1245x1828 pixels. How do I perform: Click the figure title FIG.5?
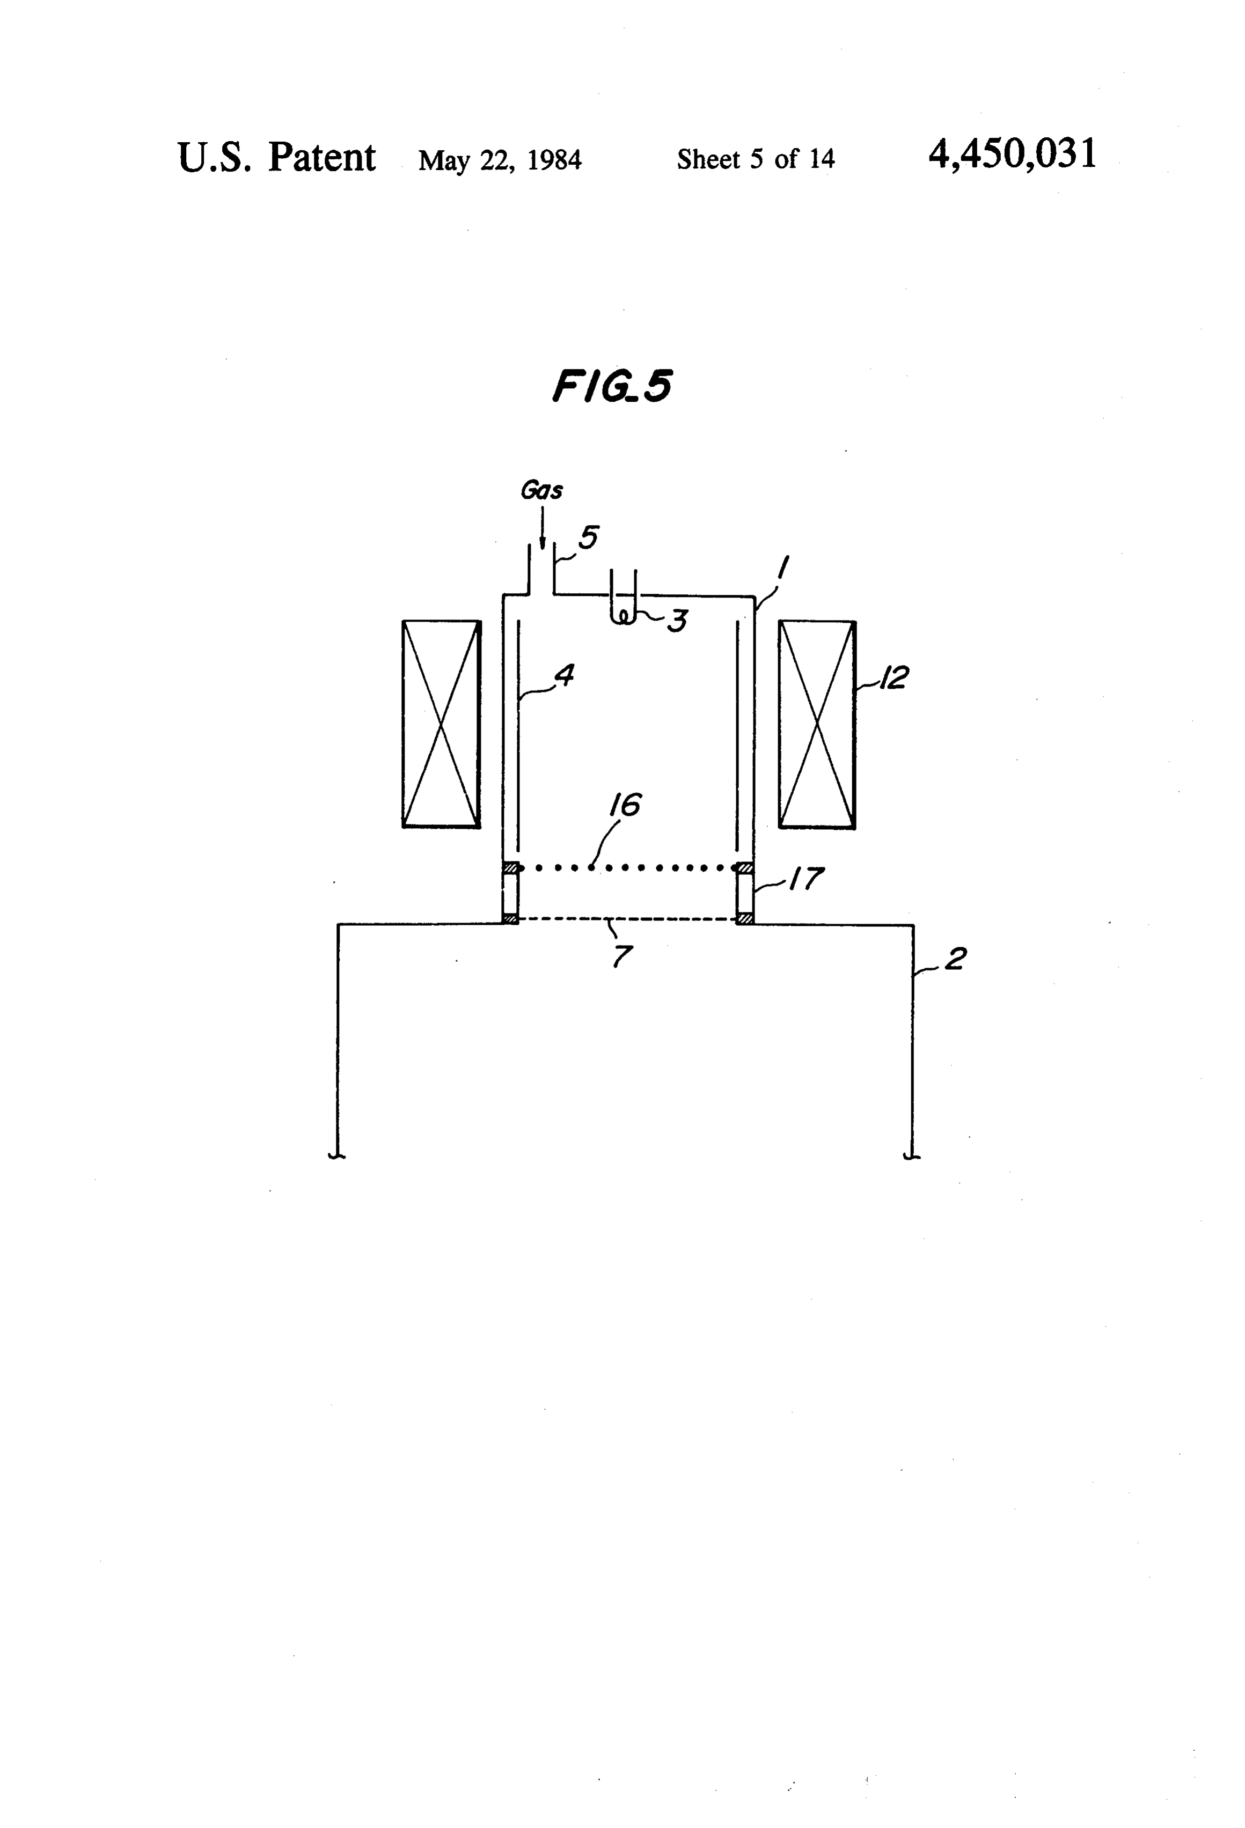pos(612,386)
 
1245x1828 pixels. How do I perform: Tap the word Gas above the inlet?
pos(541,490)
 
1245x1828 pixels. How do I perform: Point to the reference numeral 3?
pos(677,621)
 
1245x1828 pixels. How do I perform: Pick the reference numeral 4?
pos(564,674)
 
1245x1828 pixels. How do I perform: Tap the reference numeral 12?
pos(893,677)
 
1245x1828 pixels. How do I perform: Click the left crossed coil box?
pos(441,724)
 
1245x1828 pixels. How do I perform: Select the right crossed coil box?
pos(817,724)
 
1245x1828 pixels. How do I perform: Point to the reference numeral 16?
pos(625,805)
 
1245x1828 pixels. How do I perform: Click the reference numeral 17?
pos(807,878)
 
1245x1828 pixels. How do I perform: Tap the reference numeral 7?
pos(622,956)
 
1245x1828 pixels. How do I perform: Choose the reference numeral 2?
pos(955,959)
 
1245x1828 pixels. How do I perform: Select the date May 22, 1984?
pos(500,160)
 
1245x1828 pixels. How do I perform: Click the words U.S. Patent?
pos(277,157)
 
